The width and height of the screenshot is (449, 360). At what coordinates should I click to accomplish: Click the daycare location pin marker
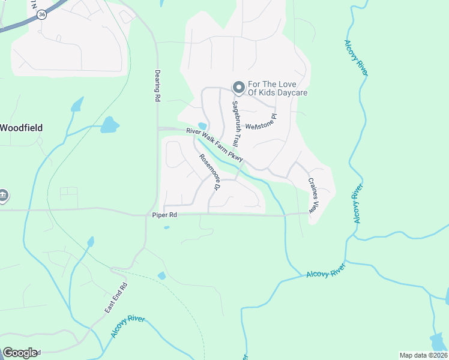238,88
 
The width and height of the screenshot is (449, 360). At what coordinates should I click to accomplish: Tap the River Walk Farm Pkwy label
215,145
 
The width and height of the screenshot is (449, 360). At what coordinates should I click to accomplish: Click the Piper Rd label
164,215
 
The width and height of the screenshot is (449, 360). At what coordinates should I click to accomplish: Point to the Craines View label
312,196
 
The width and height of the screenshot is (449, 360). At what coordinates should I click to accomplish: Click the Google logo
20,352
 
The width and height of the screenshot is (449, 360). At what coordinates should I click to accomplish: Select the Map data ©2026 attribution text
423,355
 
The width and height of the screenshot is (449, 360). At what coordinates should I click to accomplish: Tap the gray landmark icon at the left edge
3,196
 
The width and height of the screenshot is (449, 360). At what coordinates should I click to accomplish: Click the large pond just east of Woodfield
109,125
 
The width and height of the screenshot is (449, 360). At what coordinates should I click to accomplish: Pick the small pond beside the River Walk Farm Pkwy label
202,127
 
